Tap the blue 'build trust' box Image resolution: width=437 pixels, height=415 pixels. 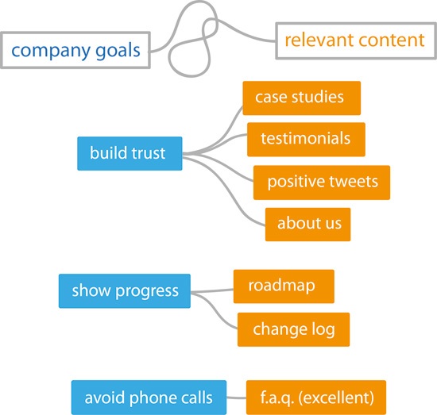[x=130, y=153]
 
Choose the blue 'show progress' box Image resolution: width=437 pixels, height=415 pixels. [x=125, y=291]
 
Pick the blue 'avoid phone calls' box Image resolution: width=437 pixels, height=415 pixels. [x=149, y=398]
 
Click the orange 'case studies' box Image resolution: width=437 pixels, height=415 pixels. [x=302, y=98]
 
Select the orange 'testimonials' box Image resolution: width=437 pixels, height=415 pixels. [x=306, y=139]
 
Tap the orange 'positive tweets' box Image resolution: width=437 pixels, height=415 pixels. [x=322, y=183]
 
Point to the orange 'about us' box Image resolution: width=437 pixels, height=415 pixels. [x=308, y=225]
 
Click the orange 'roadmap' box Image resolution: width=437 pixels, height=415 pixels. [x=284, y=286]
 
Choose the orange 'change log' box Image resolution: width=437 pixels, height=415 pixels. [x=293, y=329]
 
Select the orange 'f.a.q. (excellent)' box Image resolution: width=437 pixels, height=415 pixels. [x=316, y=398]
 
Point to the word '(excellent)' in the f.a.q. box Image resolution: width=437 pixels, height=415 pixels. [x=336, y=398]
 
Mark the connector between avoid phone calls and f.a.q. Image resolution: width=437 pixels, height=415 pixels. [x=236, y=398]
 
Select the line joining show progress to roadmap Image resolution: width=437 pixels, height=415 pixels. [x=212, y=291]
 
